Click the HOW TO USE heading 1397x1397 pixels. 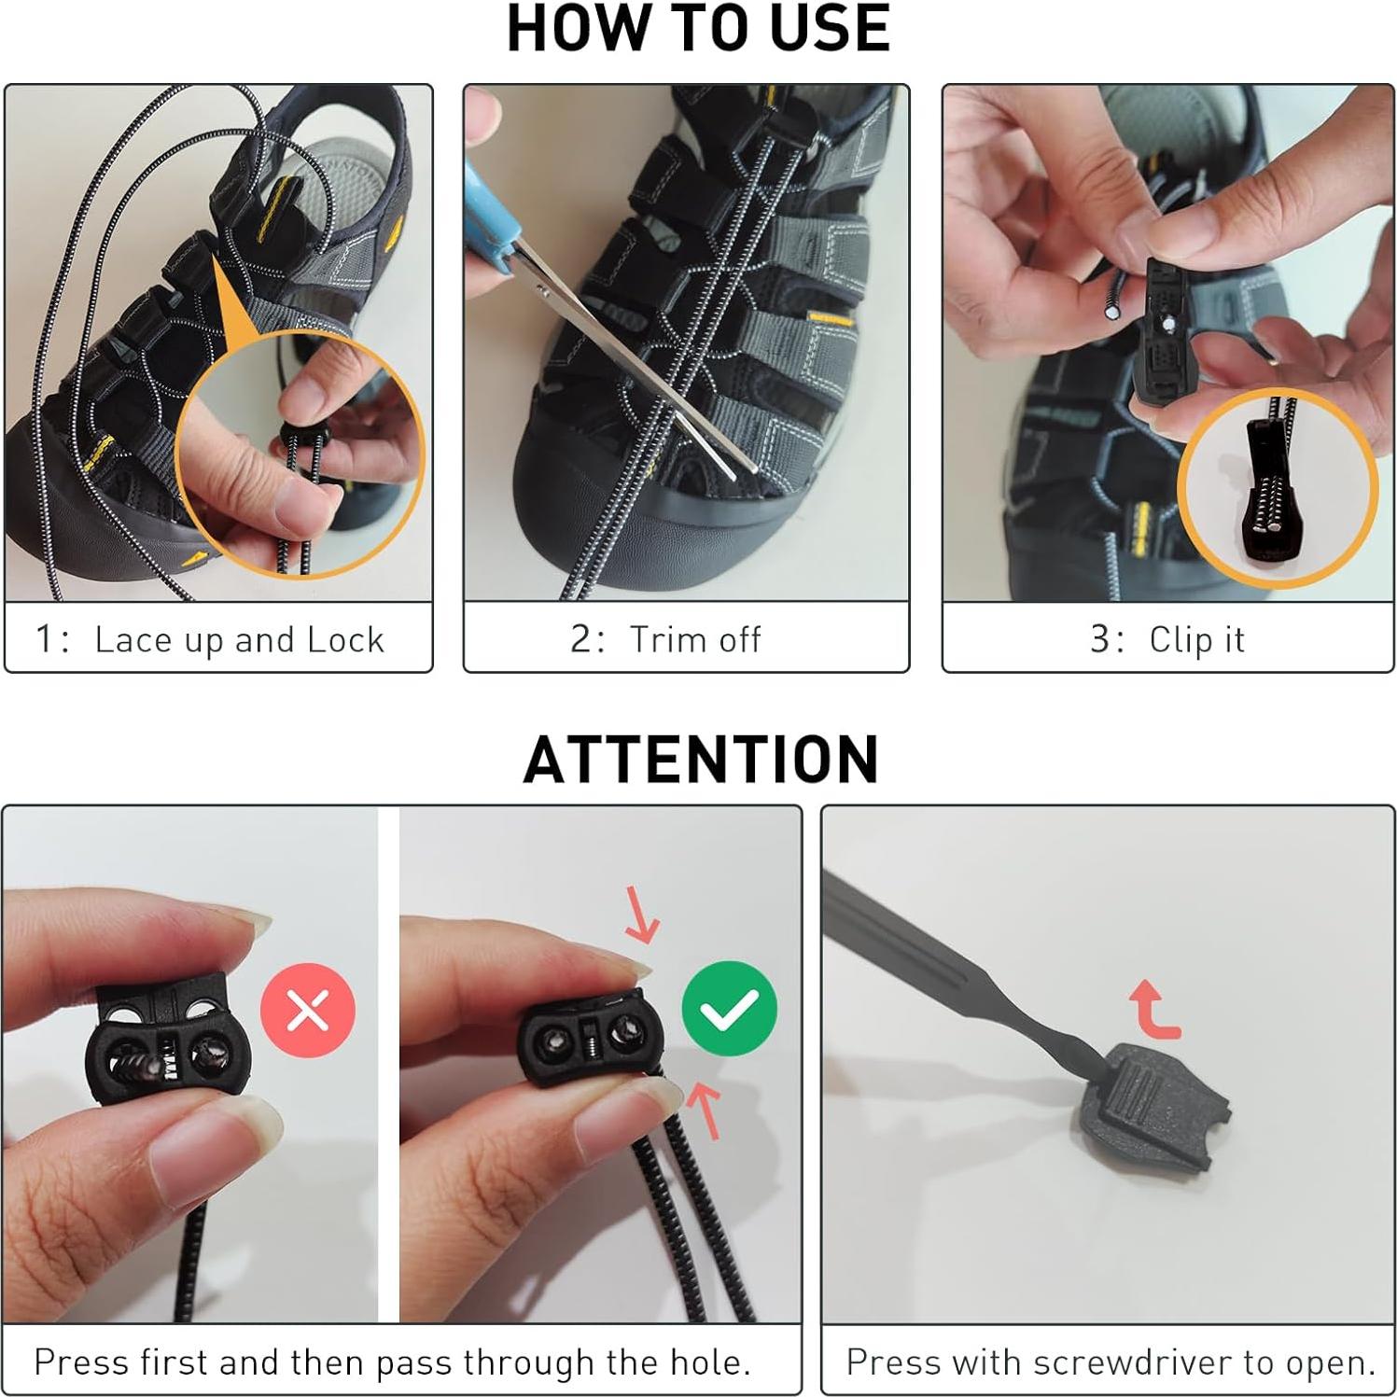coord(698,28)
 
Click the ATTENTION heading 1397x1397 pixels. coord(701,759)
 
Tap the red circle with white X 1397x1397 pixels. coord(308,1010)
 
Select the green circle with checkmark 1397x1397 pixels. coord(730,1008)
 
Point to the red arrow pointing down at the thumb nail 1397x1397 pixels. coord(642,915)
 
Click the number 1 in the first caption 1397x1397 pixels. coord(44,640)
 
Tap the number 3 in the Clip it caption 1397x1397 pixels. coord(1100,640)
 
